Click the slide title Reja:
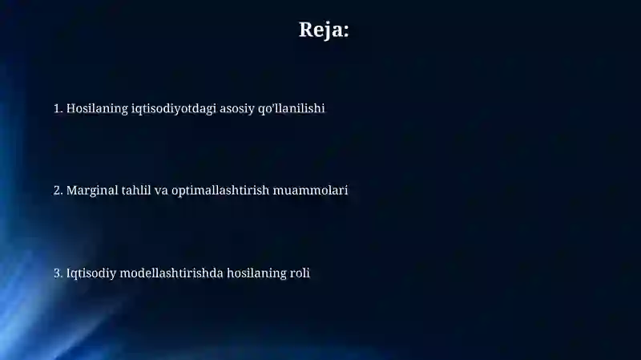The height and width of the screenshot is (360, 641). (324, 30)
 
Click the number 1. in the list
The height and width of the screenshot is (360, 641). (58, 108)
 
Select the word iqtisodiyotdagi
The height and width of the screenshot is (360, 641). (174, 109)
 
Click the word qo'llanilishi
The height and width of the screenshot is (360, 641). (292, 109)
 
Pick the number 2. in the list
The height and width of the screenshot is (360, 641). (58, 190)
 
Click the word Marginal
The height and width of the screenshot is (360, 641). (92, 191)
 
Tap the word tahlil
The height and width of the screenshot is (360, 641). (136, 190)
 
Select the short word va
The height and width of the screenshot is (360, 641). (161, 192)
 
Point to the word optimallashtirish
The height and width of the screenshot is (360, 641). (220, 191)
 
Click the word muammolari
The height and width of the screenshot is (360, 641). (310, 191)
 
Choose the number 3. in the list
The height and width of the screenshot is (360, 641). (58, 273)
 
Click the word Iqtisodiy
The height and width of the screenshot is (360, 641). (91, 273)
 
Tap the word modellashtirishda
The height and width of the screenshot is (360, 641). (171, 273)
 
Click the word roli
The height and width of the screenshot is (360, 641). (300, 273)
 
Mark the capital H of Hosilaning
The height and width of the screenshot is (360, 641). (71, 109)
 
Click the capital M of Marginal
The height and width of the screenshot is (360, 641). (72, 191)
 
